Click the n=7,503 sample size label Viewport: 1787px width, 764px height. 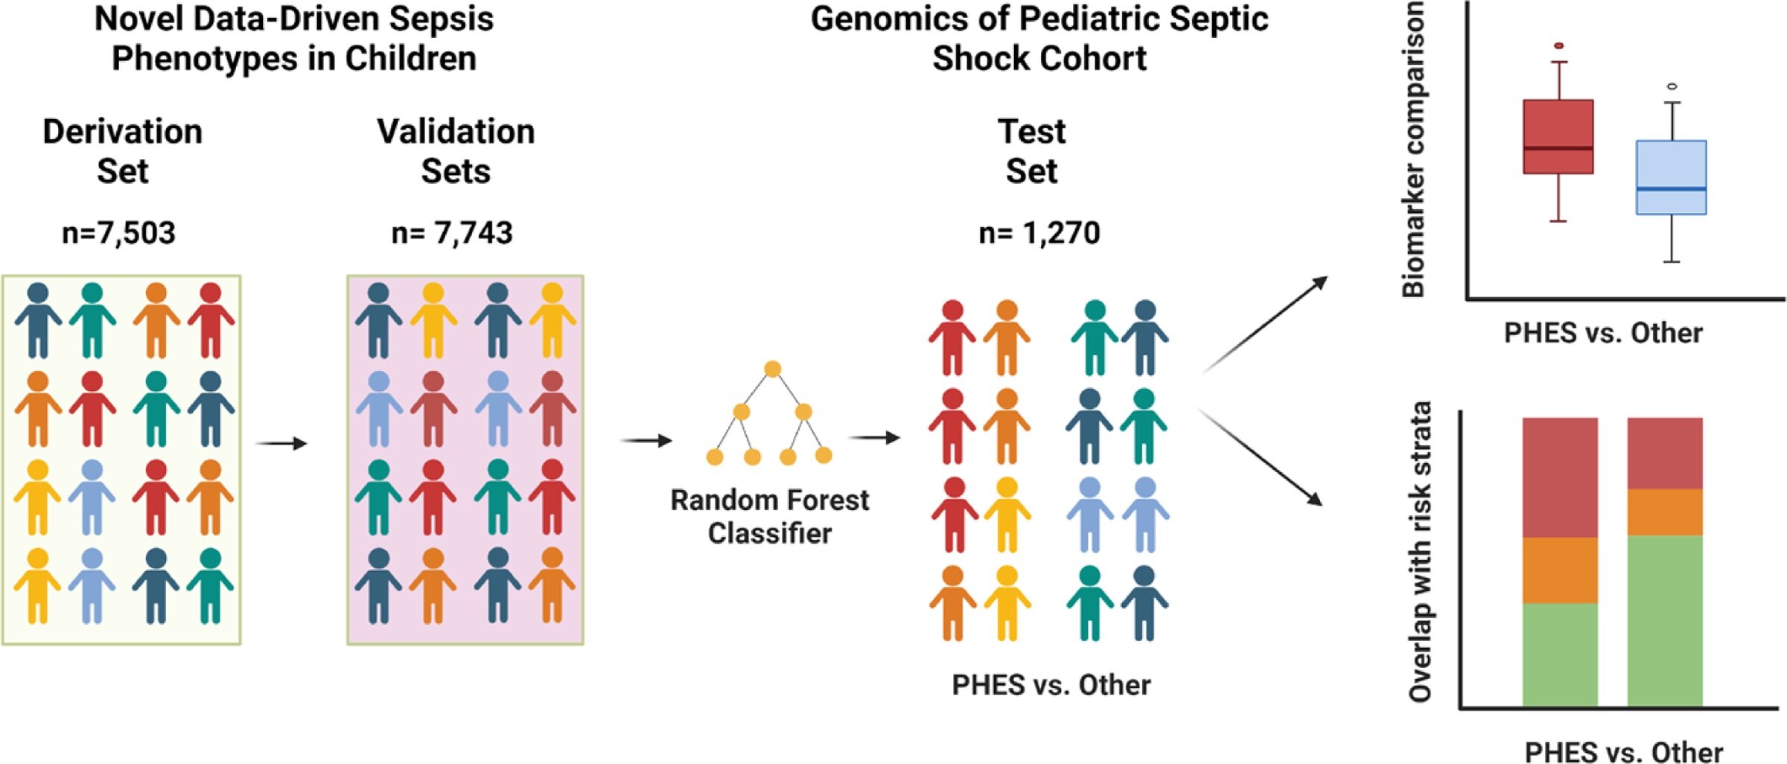pyautogui.click(x=118, y=233)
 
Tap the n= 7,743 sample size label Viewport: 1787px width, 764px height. pyautogui.click(x=452, y=233)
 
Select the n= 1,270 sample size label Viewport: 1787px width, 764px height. pyautogui.click(x=1039, y=233)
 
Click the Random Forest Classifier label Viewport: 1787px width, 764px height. pyautogui.click(x=770, y=516)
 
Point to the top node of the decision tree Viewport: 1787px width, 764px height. pyautogui.click(x=773, y=369)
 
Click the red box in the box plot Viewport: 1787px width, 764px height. pyautogui.click(x=1558, y=137)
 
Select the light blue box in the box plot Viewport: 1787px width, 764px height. pyautogui.click(x=1672, y=177)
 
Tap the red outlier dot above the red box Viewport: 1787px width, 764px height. pyautogui.click(x=1559, y=46)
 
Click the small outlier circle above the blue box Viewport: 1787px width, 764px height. pyautogui.click(x=1672, y=86)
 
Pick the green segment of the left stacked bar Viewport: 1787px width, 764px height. pyautogui.click(x=1560, y=655)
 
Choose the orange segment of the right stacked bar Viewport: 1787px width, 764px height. pyautogui.click(x=1665, y=512)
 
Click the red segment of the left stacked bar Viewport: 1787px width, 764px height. pyautogui.click(x=1560, y=477)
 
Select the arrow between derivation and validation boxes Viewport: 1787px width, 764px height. pyautogui.click(x=281, y=444)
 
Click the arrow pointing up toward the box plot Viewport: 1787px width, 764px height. pyautogui.click(x=1264, y=325)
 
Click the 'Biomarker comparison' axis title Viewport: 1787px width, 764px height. pyautogui.click(x=1412, y=150)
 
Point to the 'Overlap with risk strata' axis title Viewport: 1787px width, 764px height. pyautogui.click(x=1420, y=552)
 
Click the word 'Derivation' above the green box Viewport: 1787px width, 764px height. pyautogui.click(x=123, y=132)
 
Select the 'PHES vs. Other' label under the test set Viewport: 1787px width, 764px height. pyautogui.click(x=1051, y=685)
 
